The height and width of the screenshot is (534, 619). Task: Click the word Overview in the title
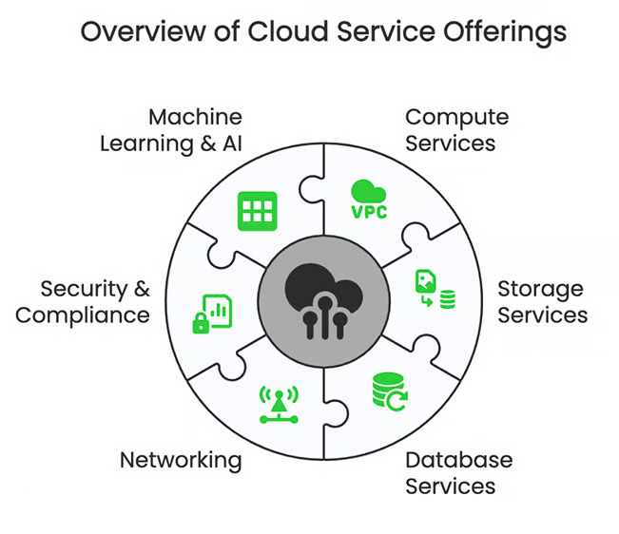pos(144,31)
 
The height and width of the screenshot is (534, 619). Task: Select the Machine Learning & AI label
pos(171,130)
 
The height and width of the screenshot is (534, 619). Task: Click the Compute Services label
pos(456,130)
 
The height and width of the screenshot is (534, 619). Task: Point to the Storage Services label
pos(542,302)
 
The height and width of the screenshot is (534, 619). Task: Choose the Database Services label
pos(458,473)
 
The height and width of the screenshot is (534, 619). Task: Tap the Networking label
pos(181,461)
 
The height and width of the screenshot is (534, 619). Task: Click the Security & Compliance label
pos(83,302)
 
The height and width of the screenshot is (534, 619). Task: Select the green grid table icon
pos(258,211)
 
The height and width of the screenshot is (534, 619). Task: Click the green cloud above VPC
pos(368,191)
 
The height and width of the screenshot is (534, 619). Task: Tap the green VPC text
pos(369,212)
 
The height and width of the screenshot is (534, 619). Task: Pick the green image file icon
pos(426,281)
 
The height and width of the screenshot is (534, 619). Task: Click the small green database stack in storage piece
pos(448,299)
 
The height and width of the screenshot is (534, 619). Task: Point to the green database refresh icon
pos(390,391)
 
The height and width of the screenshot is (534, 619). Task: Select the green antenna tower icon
pos(279,405)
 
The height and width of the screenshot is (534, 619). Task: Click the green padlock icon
pos(201,323)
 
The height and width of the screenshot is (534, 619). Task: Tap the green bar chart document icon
pos(218,311)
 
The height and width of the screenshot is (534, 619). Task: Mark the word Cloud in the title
pos(288,31)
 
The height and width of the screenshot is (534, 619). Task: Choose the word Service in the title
pos(386,31)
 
